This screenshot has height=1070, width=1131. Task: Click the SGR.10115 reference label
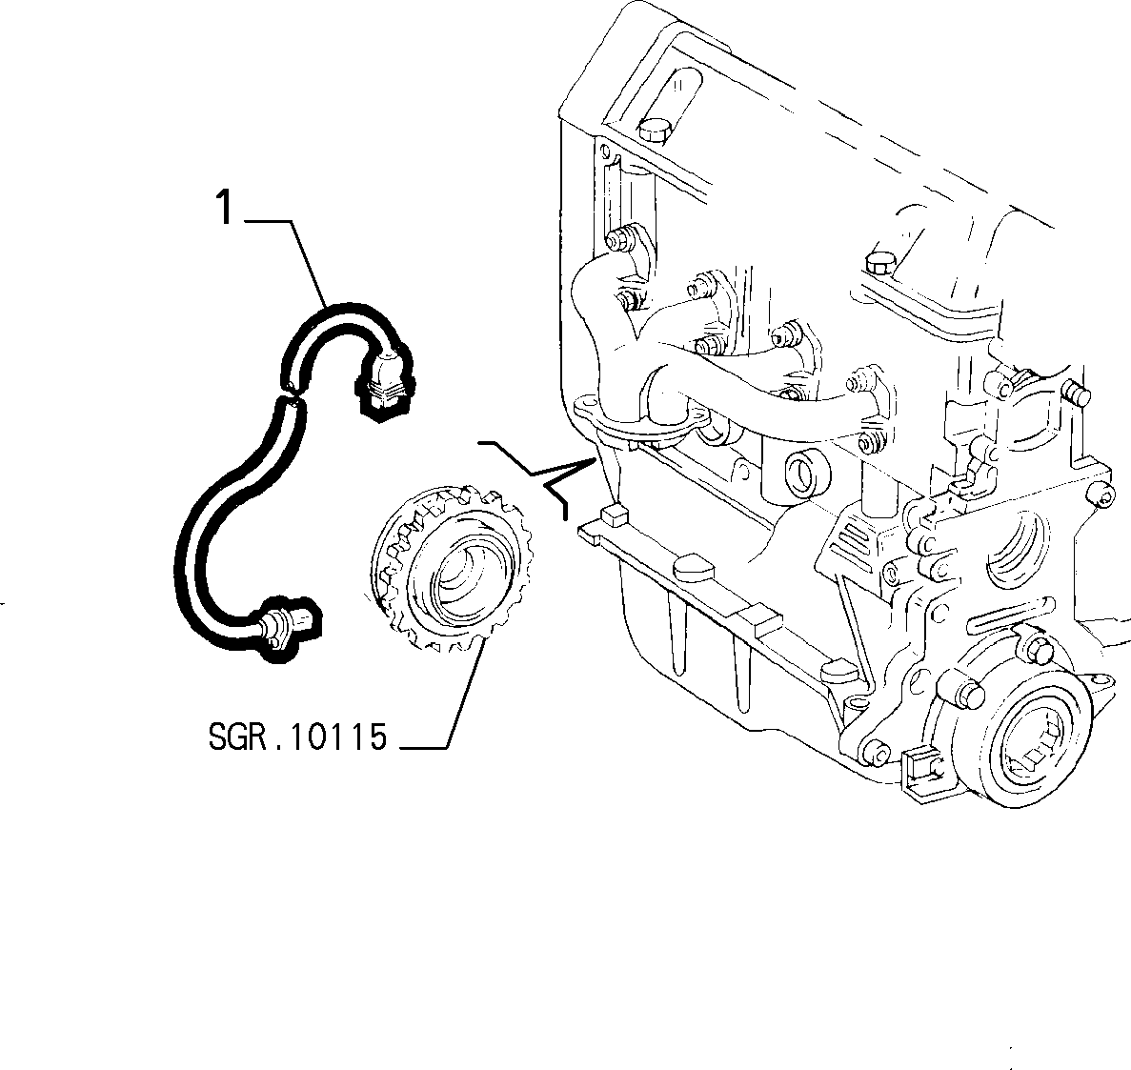coord(298,737)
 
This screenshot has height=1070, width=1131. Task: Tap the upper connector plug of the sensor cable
coord(385,382)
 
